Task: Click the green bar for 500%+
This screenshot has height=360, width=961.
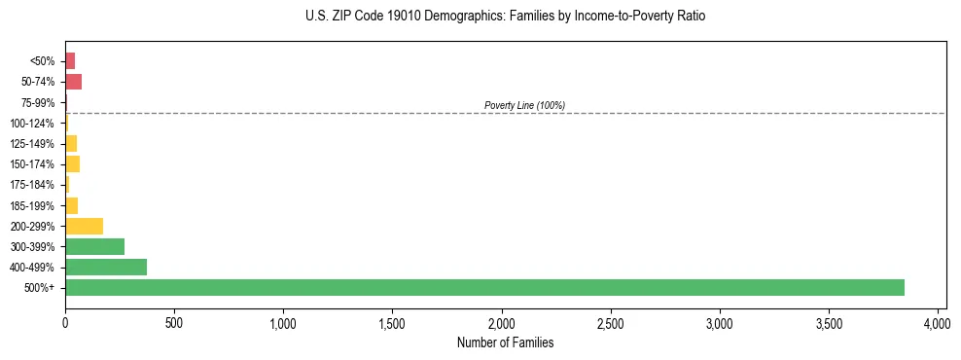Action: coord(484,287)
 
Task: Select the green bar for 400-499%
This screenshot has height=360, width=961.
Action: coord(106,267)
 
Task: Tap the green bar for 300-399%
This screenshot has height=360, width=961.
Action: coord(94,246)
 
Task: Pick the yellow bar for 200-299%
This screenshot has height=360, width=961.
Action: coord(84,226)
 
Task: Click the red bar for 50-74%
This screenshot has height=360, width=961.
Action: coord(73,82)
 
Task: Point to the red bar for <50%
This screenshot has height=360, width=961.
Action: coord(70,61)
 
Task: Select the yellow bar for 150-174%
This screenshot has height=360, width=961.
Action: coord(72,163)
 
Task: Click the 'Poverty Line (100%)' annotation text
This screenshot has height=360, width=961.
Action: coord(524,105)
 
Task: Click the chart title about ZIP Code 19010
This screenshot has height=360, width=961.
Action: coord(505,17)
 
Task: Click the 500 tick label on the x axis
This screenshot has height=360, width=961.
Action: coord(174,321)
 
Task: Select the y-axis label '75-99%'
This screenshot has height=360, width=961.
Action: coord(39,102)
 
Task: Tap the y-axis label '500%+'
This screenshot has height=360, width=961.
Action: coord(41,288)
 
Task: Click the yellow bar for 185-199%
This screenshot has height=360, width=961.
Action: coord(71,205)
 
